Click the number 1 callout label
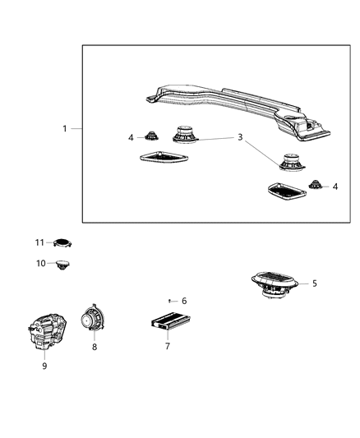pos(64,129)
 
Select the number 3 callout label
pos(240,138)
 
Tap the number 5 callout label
pos(313,284)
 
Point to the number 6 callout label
pos(184,301)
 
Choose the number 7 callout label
pos(167,346)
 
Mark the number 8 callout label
pos(94,348)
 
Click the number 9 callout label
pos(44,366)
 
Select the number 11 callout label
pos(39,242)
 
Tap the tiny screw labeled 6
pos(170,301)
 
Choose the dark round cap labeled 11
pos(62,242)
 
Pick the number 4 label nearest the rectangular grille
pos(335,187)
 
